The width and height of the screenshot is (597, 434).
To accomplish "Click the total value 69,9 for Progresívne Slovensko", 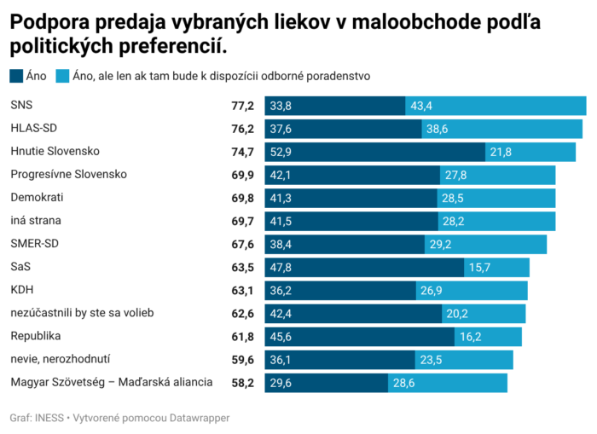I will tap(243, 175).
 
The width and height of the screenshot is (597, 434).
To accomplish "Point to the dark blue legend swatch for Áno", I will tap(17, 76).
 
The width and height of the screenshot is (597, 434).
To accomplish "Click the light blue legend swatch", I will tap(62, 76).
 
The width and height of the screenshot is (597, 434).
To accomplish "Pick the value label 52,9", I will tap(281, 152).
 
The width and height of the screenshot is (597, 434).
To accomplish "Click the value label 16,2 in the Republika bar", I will tap(472, 336).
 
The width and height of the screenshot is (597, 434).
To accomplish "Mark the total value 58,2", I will tap(243, 382).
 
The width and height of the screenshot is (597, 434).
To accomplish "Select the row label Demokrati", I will tap(37, 198).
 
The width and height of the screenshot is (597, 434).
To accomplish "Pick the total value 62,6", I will tap(243, 313).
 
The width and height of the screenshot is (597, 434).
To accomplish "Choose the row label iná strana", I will tap(36, 221).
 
